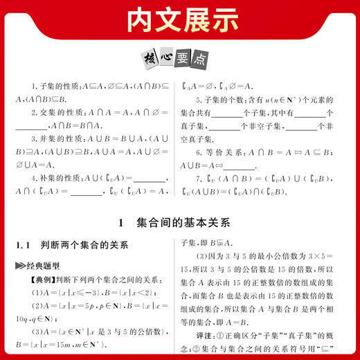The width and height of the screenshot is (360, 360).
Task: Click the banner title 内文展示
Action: [180, 21]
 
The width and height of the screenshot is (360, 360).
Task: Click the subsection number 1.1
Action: [24, 246]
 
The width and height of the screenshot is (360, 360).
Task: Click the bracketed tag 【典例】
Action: [36, 280]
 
